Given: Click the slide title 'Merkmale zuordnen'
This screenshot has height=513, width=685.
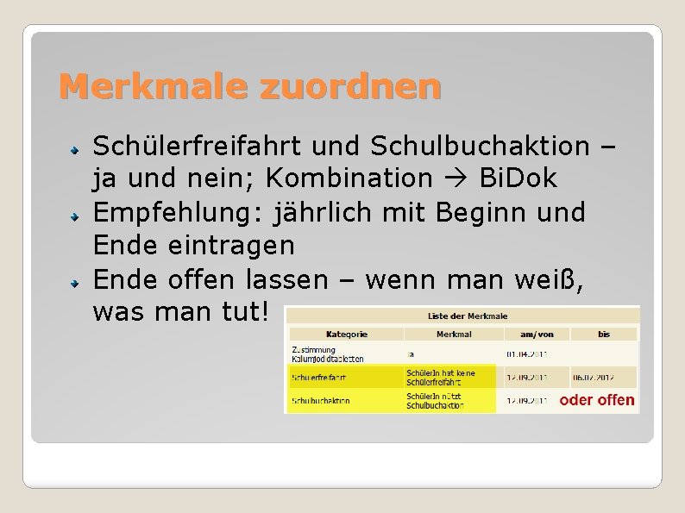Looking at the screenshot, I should (250, 86).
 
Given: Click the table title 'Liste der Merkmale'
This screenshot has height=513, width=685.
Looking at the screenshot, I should (462, 316).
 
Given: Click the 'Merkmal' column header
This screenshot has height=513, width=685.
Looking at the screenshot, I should (454, 333).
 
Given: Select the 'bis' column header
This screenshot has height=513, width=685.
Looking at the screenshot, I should (604, 333).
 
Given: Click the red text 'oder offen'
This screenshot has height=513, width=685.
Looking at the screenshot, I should (597, 400).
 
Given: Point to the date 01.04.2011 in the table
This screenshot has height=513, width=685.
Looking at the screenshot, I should (526, 353).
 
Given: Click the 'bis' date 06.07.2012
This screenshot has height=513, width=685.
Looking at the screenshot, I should (594, 377).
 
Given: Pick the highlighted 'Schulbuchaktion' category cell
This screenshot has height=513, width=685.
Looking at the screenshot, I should (321, 401).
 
